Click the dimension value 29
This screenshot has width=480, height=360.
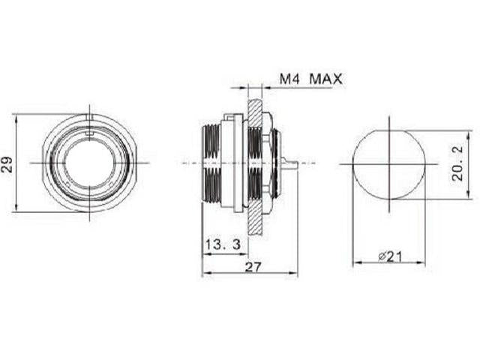tap(7, 163)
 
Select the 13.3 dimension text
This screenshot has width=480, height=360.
tap(217, 244)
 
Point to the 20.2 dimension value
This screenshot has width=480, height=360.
tap(457, 163)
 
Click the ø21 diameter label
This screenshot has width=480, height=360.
tap(390, 256)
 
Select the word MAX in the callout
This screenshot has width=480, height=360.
tap(326, 78)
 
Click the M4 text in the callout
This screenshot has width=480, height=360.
tap(289, 78)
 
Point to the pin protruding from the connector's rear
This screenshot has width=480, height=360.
tap(292, 163)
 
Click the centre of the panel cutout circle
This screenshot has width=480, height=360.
tap(389, 163)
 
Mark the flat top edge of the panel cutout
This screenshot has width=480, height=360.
tap(389, 130)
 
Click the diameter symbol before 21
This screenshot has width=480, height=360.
tap(382, 256)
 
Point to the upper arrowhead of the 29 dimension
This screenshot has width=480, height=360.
tap(16, 118)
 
